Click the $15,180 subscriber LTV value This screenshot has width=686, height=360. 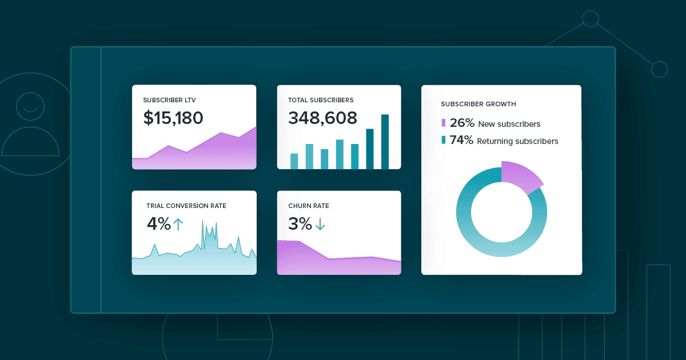coord(173,118)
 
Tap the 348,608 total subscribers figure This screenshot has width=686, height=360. coord(322,118)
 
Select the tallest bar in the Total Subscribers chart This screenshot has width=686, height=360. coord(385,142)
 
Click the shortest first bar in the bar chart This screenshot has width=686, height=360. coord(294,161)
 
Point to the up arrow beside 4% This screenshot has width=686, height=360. coord(178,224)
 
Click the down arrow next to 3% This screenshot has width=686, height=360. coord(320,225)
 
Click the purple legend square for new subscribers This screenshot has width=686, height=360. coord(443,123)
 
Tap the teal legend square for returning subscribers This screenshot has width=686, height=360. coord(443,140)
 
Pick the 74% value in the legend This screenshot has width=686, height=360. coord(461,140)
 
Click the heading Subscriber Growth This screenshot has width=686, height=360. coord(478,104)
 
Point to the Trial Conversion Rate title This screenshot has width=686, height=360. coord(186,206)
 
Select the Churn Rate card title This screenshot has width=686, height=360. coord(308,206)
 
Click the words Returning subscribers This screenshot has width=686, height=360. coord(517,141)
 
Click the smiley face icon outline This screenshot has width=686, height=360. coord(30,104)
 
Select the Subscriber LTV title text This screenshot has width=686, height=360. coord(169,100)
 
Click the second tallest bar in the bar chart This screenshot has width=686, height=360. coord(370,149)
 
